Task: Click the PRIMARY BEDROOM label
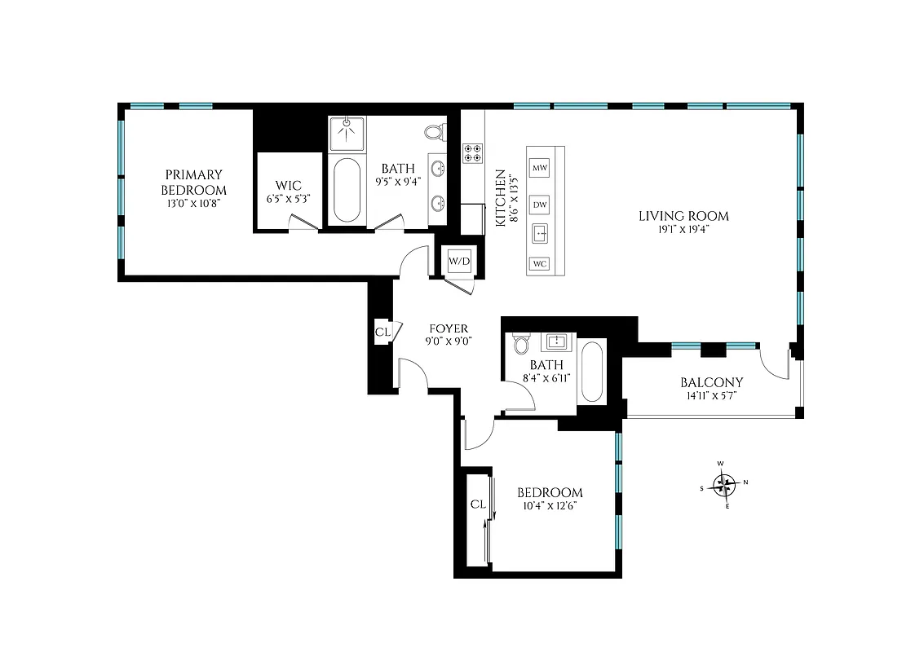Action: tap(194, 182)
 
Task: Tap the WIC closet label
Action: tap(289, 186)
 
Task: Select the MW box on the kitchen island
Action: tap(539, 168)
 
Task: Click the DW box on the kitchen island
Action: tap(539, 205)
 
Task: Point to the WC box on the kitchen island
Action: tap(539, 263)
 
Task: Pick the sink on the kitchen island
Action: tap(539, 235)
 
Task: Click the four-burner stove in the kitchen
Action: tap(472, 153)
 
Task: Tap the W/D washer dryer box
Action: tap(459, 262)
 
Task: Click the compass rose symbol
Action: tap(725, 485)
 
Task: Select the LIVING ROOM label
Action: tap(683, 216)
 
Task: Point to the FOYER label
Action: tap(449, 328)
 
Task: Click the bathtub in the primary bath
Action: tap(347, 191)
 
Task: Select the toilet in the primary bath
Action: tap(435, 131)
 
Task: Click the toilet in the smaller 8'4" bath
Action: tap(522, 344)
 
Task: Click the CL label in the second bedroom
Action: tap(478, 504)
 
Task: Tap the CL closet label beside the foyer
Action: tap(382, 332)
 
